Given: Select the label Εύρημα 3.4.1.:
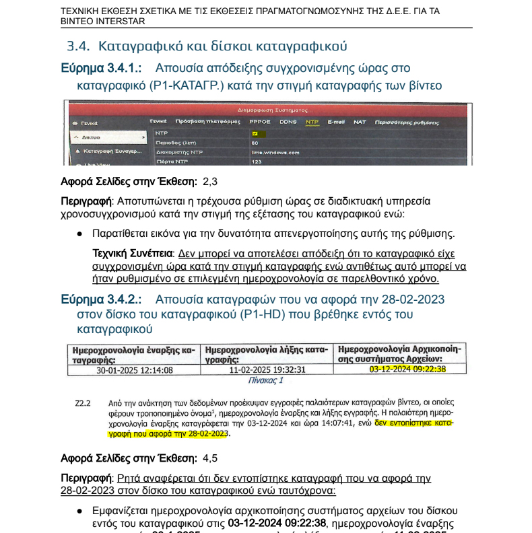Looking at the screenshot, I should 101,68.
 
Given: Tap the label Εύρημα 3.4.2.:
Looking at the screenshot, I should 101,298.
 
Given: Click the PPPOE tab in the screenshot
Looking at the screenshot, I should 259,122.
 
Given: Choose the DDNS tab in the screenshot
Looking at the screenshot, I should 288,122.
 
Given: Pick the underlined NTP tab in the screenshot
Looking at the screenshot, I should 312,122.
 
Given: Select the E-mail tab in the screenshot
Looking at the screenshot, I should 336,122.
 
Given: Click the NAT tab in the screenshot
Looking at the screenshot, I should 360,122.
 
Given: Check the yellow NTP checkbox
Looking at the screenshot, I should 255,133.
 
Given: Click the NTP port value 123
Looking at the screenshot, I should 256,162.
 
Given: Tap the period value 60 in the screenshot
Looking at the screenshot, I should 255,143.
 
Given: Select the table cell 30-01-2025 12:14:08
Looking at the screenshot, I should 135,369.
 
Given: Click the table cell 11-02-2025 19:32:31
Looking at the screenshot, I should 267,369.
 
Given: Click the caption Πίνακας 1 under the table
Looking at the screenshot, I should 266,380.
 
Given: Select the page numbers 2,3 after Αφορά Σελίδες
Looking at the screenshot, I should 210,182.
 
